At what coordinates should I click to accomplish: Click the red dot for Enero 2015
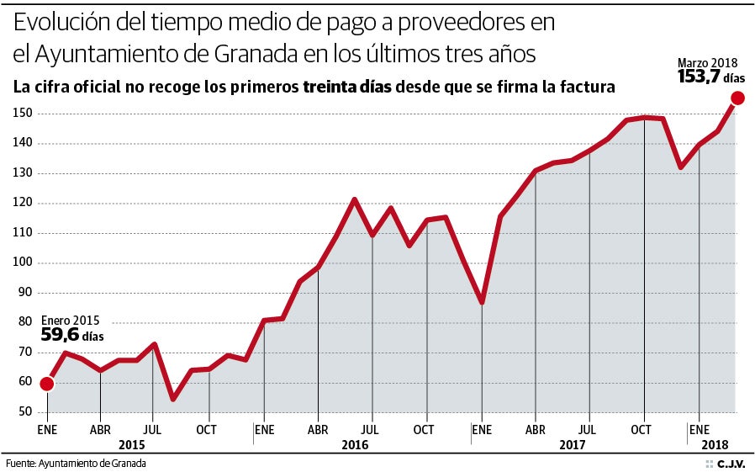tap(47, 384)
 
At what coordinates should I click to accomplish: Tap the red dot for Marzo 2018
tap(737, 98)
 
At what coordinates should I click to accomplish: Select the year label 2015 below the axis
tap(133, 444)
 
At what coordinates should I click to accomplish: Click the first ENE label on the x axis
tap(47, 429)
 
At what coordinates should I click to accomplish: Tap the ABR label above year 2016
tap(318, 429)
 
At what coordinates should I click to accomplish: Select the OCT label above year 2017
tap(641, 429)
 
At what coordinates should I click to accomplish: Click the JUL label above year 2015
tap(152, 429)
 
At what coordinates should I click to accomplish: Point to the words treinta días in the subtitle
tap(347, 87)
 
